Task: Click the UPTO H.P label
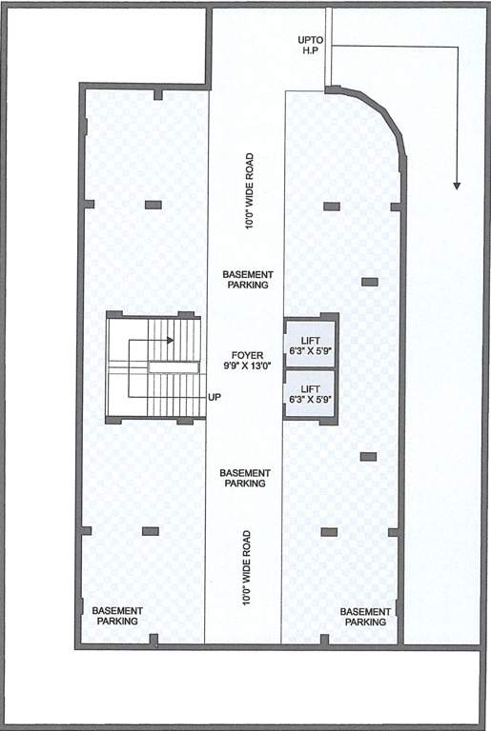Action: coord(311,46)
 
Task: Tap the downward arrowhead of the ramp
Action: coord(458,184)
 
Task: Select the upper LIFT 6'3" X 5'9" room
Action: coord(310,345)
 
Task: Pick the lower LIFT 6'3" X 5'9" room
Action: coord(310,394)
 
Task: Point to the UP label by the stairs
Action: coord(215,397)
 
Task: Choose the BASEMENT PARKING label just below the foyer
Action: coord(245,478)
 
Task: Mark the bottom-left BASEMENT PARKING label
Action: coord(117,615)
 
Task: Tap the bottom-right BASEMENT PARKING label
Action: coord(365,616)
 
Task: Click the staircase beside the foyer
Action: coord(153,366)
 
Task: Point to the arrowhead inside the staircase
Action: coord(173,340)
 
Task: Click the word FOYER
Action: coord(246,355)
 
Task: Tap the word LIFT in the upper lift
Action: coord(310,339)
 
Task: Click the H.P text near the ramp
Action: coord(311,51)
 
